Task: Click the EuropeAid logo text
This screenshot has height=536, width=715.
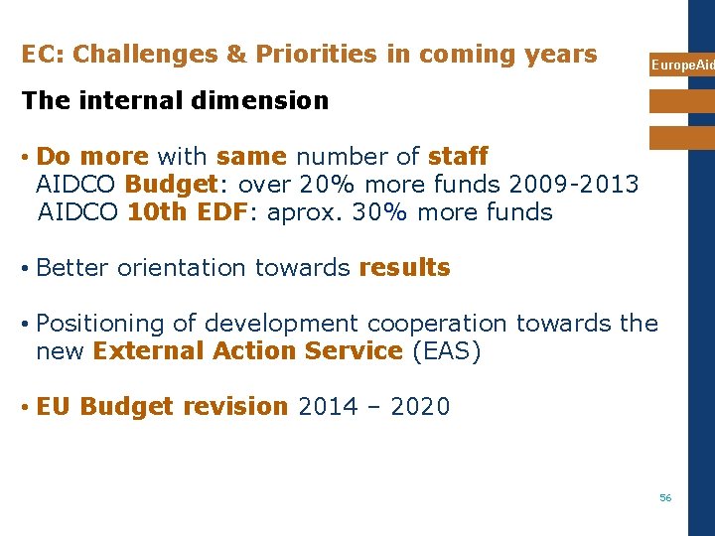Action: (x=681, y=65)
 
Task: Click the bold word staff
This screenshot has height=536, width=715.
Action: (x=458, y=157)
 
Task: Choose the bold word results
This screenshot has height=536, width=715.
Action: (x=404, y=268)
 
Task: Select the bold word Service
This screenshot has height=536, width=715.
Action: (x=350, y=351)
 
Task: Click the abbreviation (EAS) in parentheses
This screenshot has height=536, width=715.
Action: (x=446, y=351)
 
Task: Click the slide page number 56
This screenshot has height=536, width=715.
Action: (x=665, y=497)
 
